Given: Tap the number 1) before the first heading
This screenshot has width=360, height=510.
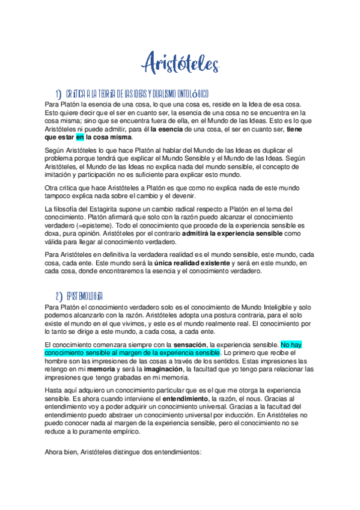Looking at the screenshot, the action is [x=58, y=94].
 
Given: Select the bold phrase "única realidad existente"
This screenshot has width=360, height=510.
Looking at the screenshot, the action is [x=192, y=263].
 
